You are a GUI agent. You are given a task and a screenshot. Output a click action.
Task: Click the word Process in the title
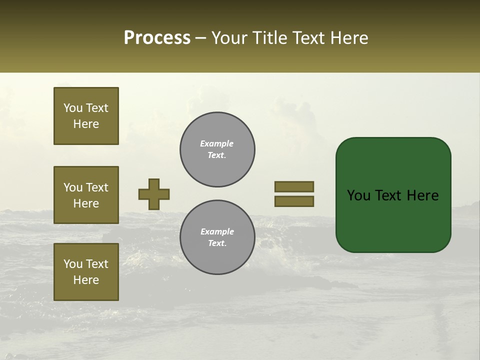click(x=157, y=38)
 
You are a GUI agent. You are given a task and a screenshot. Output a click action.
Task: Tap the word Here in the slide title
click(x=349, y=38)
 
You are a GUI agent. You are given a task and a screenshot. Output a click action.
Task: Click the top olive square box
click(x=86, y=116)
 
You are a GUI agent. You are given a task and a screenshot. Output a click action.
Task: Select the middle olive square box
click(x=86, y=195)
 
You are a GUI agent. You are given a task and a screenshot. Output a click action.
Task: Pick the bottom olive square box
click(x=86, y=271)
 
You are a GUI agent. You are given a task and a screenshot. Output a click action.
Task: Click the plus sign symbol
click(x=154, y=194)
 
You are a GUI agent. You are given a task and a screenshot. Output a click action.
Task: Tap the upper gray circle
click(x=217, y=149)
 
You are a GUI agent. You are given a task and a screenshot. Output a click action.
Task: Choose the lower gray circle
click(x=217, y=237)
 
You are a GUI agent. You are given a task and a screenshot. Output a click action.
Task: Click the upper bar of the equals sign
click(x=294, y=186)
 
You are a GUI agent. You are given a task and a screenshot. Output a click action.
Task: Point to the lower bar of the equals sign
click(x=294, y=201)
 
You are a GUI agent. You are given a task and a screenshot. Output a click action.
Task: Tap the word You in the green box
click(x=359, y=195)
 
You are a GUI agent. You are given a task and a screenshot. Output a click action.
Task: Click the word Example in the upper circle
click(x=217, y=143)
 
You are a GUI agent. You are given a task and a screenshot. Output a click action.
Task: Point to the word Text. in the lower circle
click(x=217, y=243)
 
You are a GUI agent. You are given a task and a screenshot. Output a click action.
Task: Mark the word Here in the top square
click(x=86, y=124)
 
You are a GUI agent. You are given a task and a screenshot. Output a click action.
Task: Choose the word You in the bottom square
click(x=73, y=263)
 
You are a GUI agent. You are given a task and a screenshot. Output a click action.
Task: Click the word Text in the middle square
click(x=96, y=187)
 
